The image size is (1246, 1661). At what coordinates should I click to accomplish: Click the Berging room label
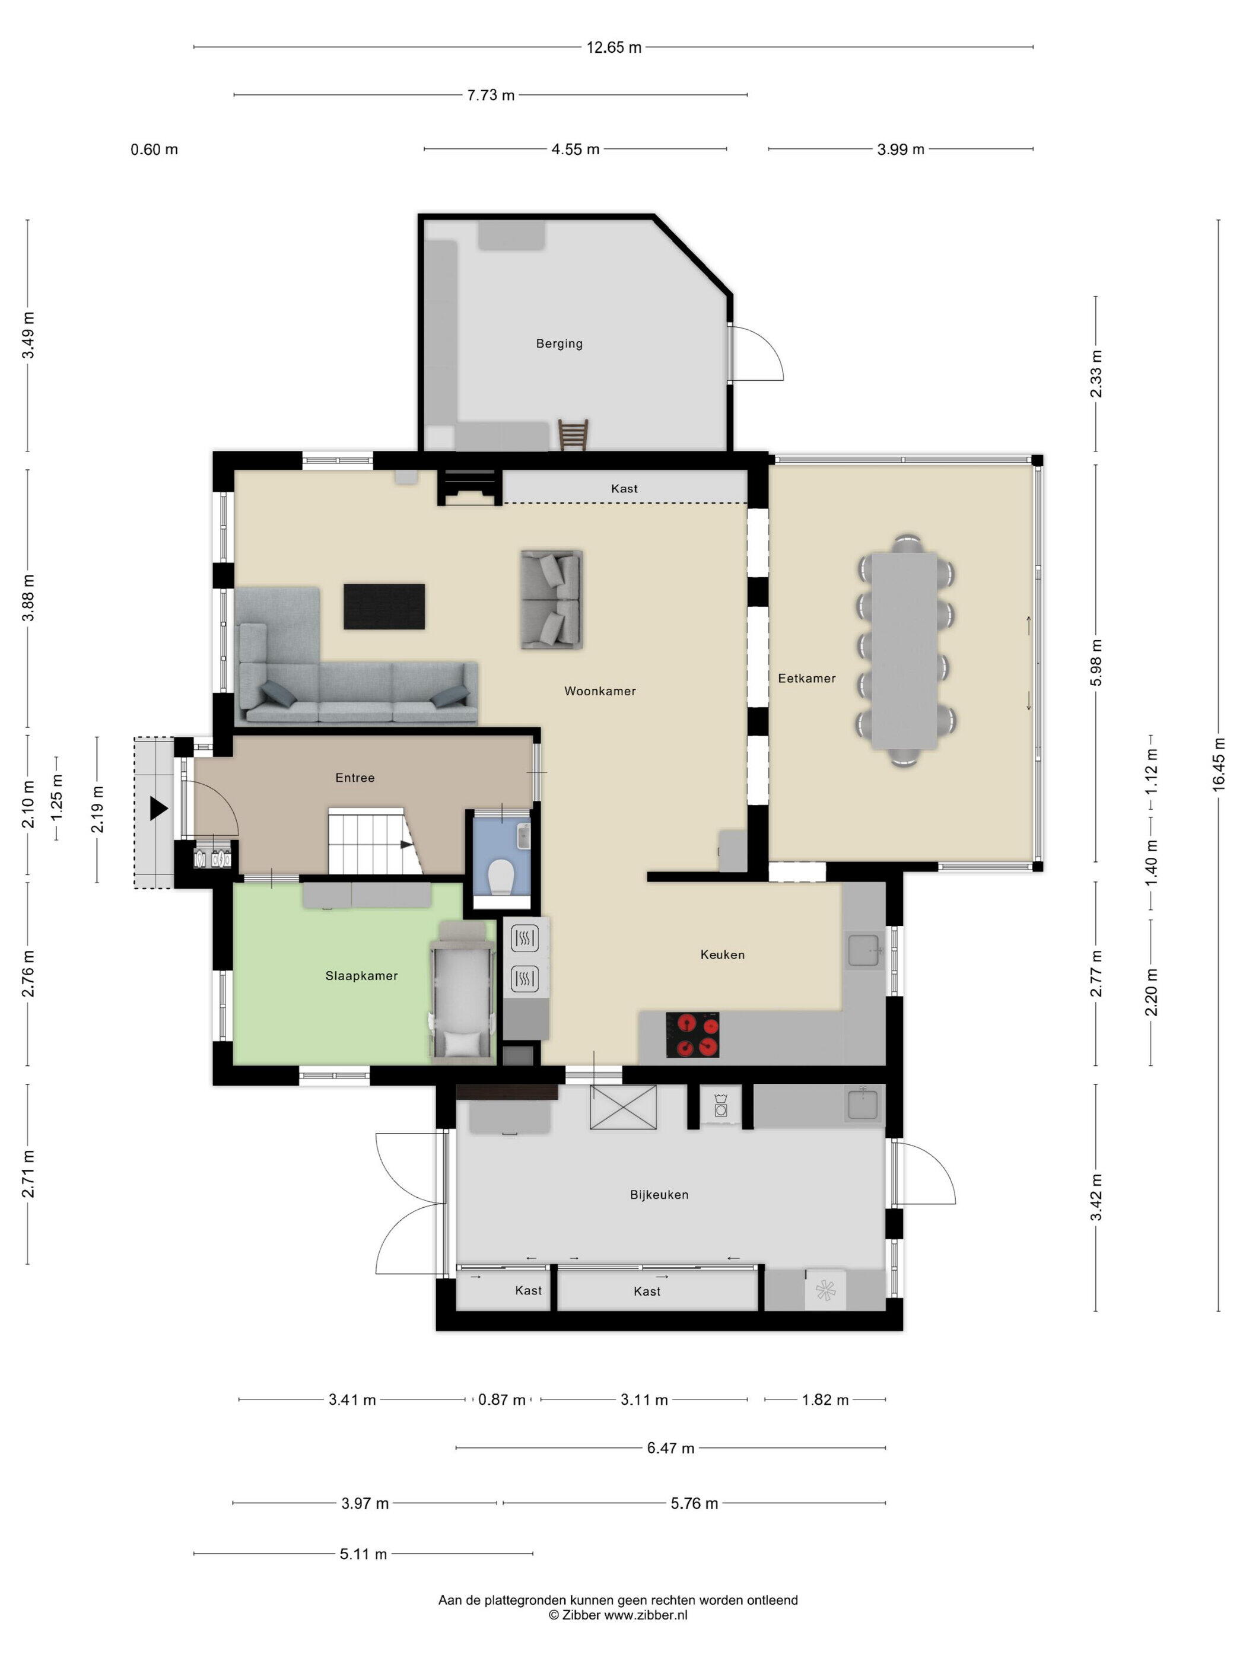coord(559,344)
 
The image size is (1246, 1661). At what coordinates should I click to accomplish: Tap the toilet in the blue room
coord(500,876)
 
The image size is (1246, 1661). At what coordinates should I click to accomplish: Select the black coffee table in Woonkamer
coord(384,606)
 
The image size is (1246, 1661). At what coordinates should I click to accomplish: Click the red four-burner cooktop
coord(692,1034)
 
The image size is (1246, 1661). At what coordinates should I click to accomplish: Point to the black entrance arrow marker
coord(158,808)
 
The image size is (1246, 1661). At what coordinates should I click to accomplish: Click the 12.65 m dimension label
coord(614,47)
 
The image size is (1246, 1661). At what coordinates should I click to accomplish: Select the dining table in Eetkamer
coord(905,650)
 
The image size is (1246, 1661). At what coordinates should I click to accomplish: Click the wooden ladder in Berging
coord(573,435)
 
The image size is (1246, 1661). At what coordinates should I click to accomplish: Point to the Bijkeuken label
coord(659,1194)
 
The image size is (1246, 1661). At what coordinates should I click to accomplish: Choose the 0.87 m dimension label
coord(502,1399)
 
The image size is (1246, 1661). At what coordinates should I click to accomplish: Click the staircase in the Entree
coord(375,841)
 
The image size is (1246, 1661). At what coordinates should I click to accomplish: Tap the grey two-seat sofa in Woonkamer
coord(552,599)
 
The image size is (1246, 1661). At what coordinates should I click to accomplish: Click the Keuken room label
coord(723,954)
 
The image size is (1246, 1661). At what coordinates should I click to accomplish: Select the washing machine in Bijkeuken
coord(720,1106)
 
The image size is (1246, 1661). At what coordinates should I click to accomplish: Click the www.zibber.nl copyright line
coord(618,1615)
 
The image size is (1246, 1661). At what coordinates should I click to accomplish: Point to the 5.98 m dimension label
coord(1096,662)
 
